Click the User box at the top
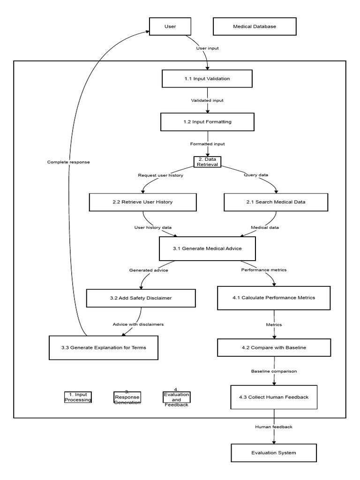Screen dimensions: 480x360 coord(170,26)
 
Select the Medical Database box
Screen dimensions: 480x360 coord(255,26)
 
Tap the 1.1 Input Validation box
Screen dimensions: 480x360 coord(207,78)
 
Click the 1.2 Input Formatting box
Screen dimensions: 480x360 coord(207,122)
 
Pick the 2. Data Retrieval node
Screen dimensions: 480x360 coord(207,162)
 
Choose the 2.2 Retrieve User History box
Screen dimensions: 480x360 coord(142,202)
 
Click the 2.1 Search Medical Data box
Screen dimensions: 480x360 coord(276,202)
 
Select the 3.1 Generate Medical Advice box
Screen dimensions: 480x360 coord(207,248)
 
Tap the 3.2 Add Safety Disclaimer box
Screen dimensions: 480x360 coord(141,298)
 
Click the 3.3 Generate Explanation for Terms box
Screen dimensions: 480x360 coord(103,347)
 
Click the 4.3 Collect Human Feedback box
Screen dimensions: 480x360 coord(274,397)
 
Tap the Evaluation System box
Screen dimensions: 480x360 coord(274,453)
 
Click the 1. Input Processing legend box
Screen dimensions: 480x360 coord(78,397)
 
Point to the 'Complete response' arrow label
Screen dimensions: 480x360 coord(68,162)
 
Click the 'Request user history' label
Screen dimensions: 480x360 coord(161,175)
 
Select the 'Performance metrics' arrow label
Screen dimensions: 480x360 coord(264,270)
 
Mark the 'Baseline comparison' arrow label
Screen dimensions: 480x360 coord(274,371)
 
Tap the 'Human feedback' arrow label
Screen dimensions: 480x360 coord(274,427)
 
